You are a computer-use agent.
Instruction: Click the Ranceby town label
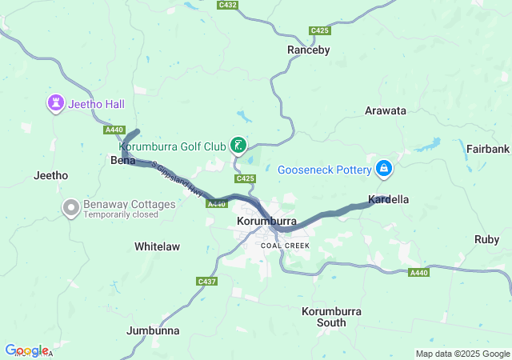pos(308,50)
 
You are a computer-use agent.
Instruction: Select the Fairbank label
pos(488,149)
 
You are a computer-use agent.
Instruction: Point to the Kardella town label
pos(389,198)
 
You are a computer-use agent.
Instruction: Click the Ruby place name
pos(486,239)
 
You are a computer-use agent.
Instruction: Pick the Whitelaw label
pos(157,246)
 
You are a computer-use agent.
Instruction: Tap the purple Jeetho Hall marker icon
pos(55,103)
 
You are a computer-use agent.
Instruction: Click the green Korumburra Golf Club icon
pos(238,145)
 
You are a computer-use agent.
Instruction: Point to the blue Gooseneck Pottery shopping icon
pos(385,169)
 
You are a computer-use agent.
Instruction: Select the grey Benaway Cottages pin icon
pos(70,208)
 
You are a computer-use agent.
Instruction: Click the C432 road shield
pos(227,5)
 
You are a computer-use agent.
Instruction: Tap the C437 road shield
pos(206,281)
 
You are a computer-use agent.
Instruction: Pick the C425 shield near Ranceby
pos(320,30)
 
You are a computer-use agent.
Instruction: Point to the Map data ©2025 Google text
pos(462,354)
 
